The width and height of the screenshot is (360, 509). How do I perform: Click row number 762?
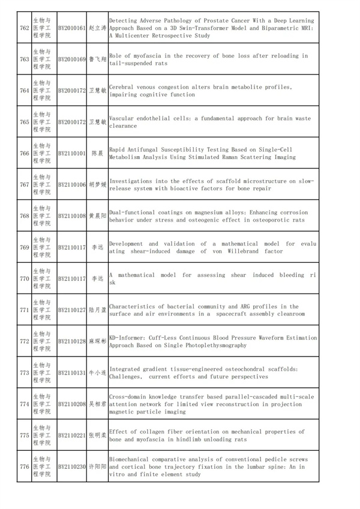coord(25,28)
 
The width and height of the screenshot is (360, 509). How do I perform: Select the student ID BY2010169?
coord(71,59)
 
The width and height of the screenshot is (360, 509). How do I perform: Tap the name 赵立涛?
coord(97,28)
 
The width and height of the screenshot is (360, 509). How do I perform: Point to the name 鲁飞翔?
coord(97,59)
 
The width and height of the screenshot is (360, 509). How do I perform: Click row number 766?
coord(25,153)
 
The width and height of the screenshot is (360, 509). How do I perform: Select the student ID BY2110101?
coord(71,153)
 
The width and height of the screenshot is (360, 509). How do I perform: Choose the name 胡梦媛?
coord(97,184)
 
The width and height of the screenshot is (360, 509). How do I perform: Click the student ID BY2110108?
coord(71,215)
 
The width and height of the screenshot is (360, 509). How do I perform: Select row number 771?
coord(25,310)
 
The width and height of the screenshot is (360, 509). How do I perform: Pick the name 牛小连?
coord(97,373)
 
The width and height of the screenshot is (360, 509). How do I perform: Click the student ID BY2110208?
coord(71,404)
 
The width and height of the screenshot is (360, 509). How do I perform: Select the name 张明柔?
coord(97,435)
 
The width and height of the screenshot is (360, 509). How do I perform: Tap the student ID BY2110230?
coord(71,466)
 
